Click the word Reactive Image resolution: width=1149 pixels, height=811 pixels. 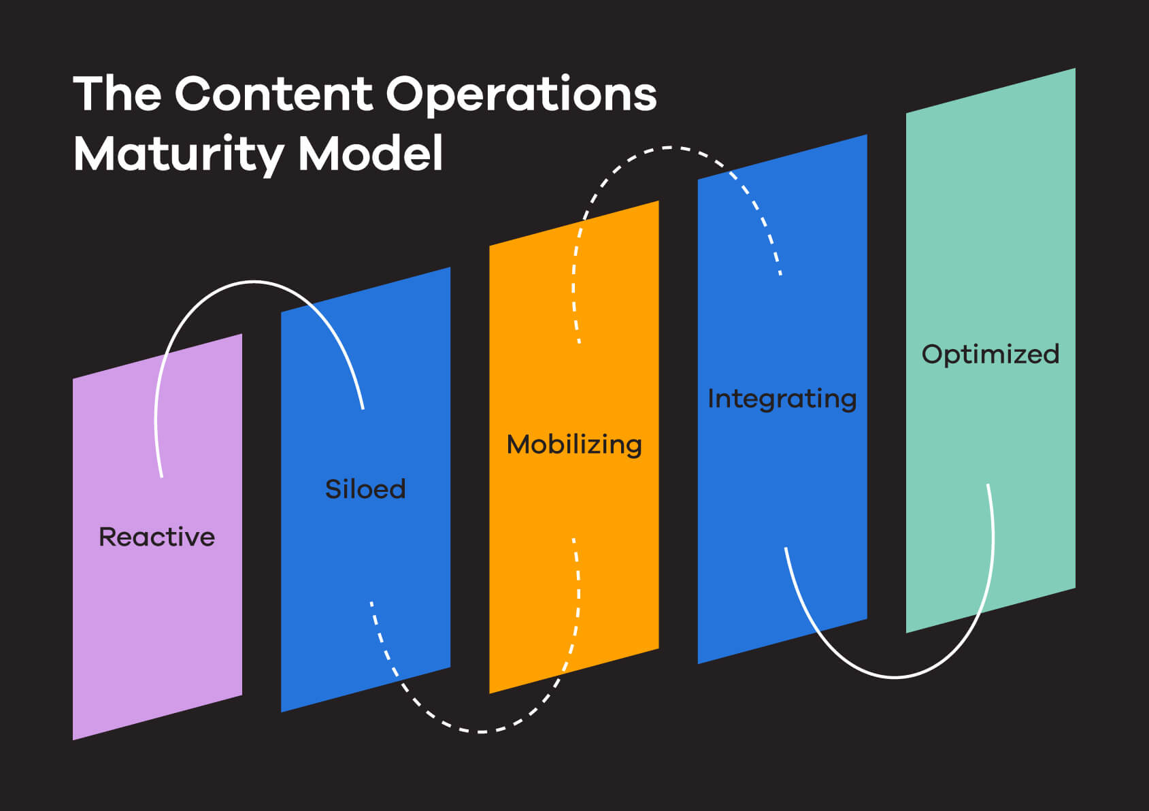(x=156, y=537)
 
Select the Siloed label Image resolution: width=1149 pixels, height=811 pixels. (x=365, y=489)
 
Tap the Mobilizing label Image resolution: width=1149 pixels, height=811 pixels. (x=574, y=445)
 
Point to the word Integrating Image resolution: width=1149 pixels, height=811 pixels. (x=782, y=399)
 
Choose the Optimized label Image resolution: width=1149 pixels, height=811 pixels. (x=990, y=354)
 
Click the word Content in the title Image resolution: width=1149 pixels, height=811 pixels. (x=273, y=94)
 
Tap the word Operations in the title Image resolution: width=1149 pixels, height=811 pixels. (x=521, y=95)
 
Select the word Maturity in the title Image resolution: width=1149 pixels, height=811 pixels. (x=178, y=154)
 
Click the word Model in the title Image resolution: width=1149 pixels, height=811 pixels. (x=371, y=153)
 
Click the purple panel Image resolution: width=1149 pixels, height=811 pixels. (x=157, y=612)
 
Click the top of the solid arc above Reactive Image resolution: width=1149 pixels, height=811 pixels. (x=254, y=281)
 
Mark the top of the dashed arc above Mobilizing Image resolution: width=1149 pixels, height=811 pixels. (x=670, y=147)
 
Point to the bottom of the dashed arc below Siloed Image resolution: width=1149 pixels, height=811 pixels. (x=480, y=732)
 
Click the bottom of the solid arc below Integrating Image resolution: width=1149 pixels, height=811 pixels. (x=895, y=677)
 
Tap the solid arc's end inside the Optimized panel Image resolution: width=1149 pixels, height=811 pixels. (x=988, y=486)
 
